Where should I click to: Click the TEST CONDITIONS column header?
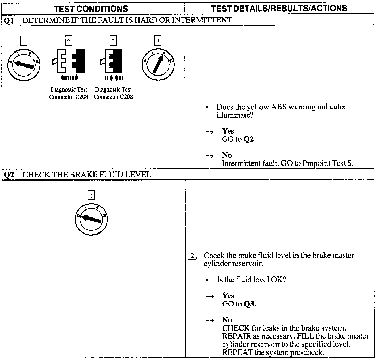91,9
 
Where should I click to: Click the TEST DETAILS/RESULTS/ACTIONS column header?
279,8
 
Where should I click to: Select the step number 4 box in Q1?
158,41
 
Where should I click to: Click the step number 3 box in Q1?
113,41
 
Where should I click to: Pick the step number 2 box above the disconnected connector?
69,41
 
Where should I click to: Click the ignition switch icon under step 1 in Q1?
24,64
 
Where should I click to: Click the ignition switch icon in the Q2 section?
91,219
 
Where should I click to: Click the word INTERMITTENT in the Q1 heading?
202,20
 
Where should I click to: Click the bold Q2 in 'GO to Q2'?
249,139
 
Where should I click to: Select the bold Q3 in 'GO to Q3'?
249,304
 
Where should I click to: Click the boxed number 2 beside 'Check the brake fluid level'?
192,255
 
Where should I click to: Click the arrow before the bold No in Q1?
210,156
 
